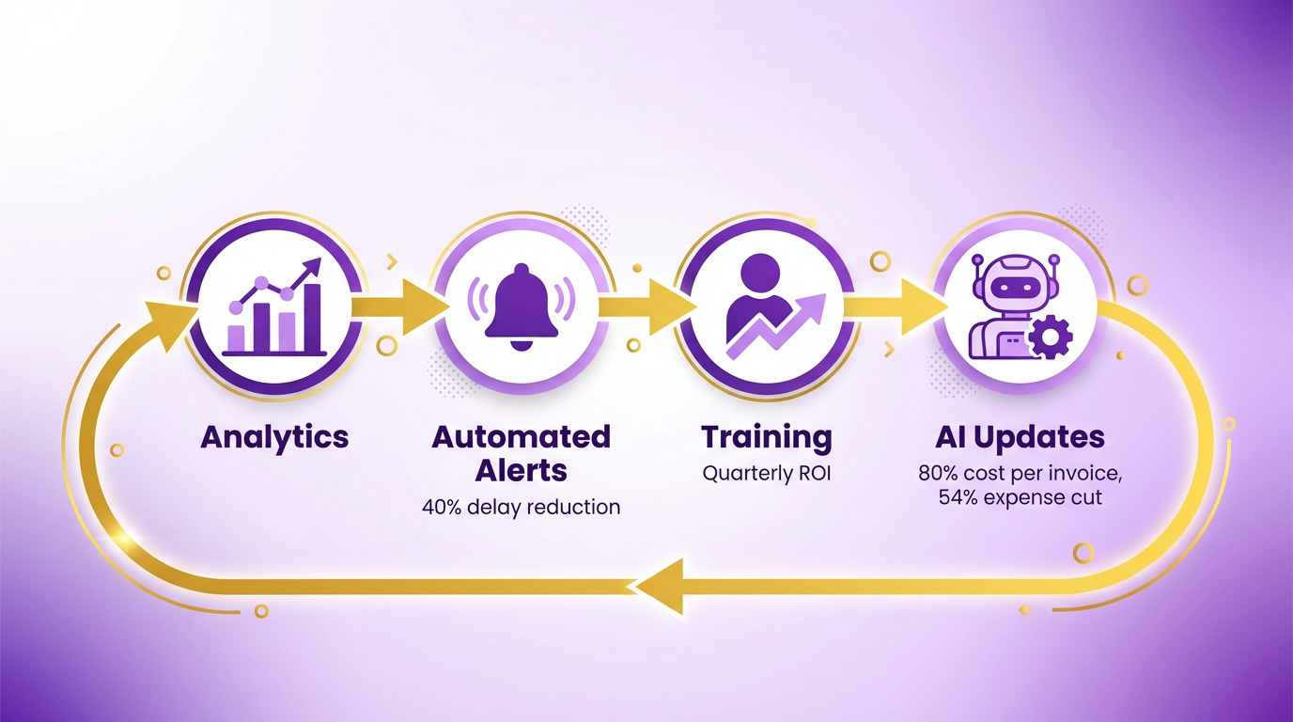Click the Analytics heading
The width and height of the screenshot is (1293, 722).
point(274,438)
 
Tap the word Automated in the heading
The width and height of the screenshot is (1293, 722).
point(521,436)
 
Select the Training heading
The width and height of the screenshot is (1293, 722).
point(767,438)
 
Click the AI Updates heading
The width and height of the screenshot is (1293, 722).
point(1020,438)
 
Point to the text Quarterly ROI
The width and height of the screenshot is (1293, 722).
point(767,474)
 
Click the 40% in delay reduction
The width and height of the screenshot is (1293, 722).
point(442,507)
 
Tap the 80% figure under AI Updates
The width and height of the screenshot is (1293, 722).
point(938,474)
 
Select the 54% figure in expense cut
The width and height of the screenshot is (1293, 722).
point(958,497)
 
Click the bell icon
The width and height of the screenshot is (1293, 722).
point(522,306)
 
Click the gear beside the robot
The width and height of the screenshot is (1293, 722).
point(1052,336)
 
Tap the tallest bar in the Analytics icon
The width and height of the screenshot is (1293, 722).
point(312,319)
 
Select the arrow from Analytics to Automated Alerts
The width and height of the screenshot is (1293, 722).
point(399,306)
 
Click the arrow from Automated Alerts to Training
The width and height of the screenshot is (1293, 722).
point(646,306)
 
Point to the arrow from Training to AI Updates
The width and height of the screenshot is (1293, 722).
point(896,306)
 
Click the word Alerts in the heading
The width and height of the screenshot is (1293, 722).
point(521,470)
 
